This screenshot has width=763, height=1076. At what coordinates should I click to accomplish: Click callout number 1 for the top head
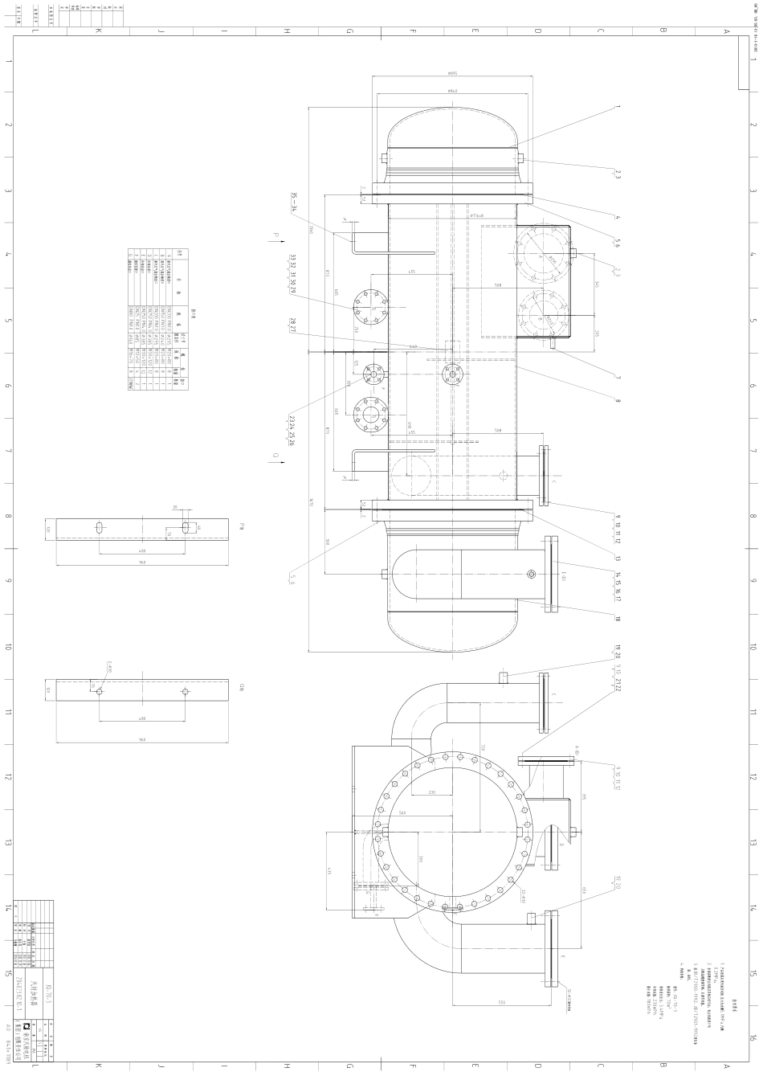618,106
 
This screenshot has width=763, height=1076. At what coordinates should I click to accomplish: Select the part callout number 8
618,401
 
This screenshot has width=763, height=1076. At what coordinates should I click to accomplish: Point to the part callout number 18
618,619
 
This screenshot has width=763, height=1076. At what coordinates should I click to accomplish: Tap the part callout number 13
618,557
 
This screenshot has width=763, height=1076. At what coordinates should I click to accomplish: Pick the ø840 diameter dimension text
453,91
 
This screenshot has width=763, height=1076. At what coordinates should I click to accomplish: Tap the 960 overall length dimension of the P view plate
141,563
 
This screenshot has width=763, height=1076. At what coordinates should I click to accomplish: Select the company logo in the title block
27,1026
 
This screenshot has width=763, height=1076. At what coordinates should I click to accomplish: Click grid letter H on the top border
287,31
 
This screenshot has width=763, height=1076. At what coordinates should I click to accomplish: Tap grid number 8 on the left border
8,517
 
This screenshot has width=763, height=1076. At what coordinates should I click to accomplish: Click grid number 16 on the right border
753,1037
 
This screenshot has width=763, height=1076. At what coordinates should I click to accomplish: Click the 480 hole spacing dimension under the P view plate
141,550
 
